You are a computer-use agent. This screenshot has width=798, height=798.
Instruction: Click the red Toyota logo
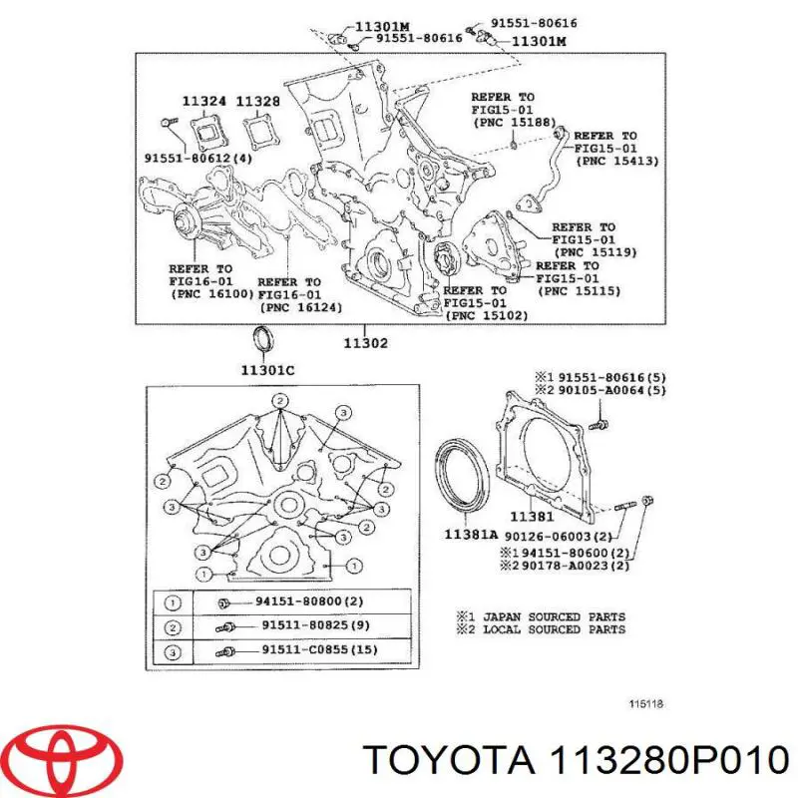(x=66, y=755)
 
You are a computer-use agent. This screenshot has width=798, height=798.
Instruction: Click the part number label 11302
(x=365, y=343)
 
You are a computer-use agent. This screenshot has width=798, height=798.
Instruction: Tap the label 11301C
(x=267, y=370)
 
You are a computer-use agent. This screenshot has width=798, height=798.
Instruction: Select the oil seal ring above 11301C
(x=263, y=340)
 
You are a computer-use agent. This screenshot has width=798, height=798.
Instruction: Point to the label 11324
(x=204, y=102)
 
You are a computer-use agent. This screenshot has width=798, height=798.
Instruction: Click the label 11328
(x=258, y=102)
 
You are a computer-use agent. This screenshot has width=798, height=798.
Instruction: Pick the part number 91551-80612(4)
(x=199, y=159)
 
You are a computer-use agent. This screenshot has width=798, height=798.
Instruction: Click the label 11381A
(x=471, y=534)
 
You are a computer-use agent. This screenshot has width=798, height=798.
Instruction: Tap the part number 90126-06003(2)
(x=559, y=537)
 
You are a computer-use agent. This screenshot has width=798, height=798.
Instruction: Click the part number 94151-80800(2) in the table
(x=309, y=601)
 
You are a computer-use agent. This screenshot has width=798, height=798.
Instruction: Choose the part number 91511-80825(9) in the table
(x=316, y=625)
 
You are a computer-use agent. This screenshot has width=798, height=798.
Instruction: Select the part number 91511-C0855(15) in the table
(x=319, y=649)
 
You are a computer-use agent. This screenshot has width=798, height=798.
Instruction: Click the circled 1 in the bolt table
(x=173, y=603)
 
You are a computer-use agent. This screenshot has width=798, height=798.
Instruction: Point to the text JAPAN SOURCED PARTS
(x=555, y=616)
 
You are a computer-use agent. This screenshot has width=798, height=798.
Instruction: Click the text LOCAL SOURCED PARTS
(x=555, y=629)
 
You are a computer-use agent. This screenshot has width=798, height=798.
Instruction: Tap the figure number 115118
(x=646, y=704)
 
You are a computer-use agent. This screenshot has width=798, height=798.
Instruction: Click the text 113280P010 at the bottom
(x=667, y=760)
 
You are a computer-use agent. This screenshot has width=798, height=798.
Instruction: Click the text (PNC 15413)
(x=617, y=161)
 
